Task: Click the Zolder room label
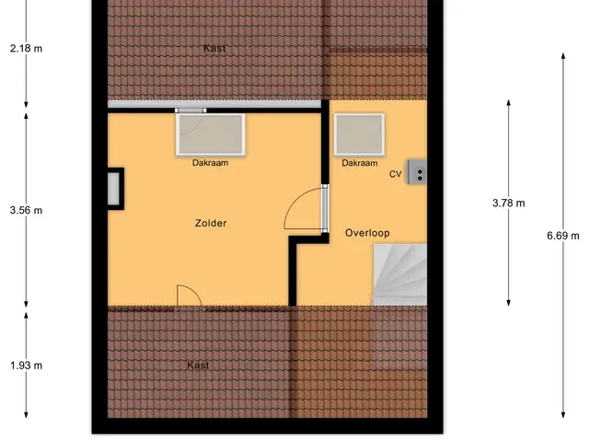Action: [211, 223]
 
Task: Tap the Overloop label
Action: [367, 233]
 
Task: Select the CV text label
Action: [395, 174]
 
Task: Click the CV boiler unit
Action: [417, 172]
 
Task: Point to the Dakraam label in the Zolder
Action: [210, 163]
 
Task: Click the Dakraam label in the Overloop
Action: [360, 163]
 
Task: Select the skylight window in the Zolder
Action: [211, 134]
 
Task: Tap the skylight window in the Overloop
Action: [359, 134]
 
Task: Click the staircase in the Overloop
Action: [399, 274]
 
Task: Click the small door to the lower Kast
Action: [190, 297]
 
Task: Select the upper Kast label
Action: [214, 48]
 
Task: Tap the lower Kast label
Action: [198, 365]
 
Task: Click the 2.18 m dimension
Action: [26, 49]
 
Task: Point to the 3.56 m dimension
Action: [26, 210]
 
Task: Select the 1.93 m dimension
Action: [26, 366]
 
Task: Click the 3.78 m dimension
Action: [509, 203]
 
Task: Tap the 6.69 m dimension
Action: [563, 236]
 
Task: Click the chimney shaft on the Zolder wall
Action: [114, 189]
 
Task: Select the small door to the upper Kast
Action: [191, 110]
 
